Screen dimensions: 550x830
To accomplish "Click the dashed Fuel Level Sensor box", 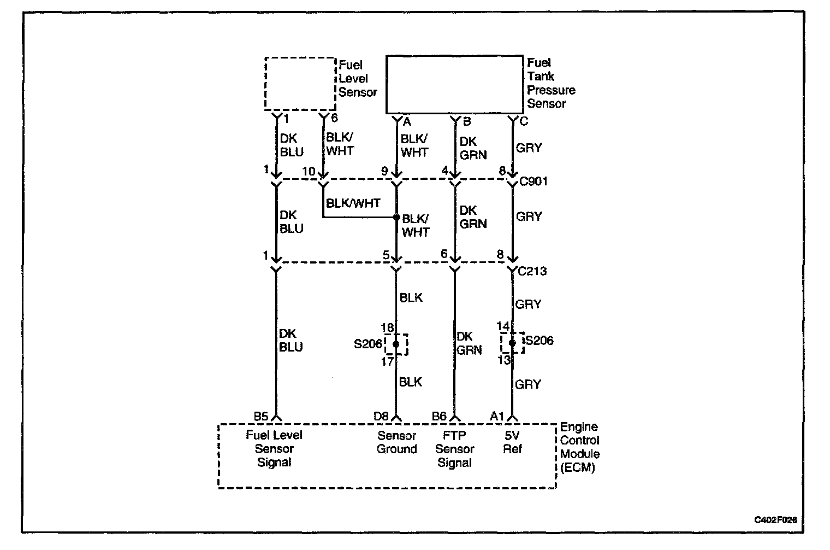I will pos(300,83).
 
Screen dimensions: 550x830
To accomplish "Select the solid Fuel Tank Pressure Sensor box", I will pos(454,84).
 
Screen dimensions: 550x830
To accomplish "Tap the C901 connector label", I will pos(533,182).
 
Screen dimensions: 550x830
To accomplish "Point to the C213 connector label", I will pos(532,271).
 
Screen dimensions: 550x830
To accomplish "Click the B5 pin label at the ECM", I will pos(261,417).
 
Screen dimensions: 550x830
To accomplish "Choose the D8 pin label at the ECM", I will pos(381,417).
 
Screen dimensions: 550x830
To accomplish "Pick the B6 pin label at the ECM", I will pos(440,417).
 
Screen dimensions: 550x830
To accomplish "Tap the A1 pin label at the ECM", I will pos(497,417).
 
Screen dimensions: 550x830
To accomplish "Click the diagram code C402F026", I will pos(775,520).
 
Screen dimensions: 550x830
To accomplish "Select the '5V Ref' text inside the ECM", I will pos(512,442).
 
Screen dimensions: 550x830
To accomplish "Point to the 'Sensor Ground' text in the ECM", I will pos(397,442).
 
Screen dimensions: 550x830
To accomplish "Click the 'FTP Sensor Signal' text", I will pos(454,449).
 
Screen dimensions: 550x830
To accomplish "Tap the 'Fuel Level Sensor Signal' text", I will pos(274,449).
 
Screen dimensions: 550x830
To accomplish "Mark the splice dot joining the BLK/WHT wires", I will pos(397,217).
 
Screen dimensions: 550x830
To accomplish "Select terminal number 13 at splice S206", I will pos(504,360).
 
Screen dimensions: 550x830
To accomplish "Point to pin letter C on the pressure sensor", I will pos(524,121).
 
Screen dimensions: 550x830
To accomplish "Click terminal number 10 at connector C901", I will pos(309,172).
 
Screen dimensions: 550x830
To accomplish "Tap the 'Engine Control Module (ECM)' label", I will pos(580,447).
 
